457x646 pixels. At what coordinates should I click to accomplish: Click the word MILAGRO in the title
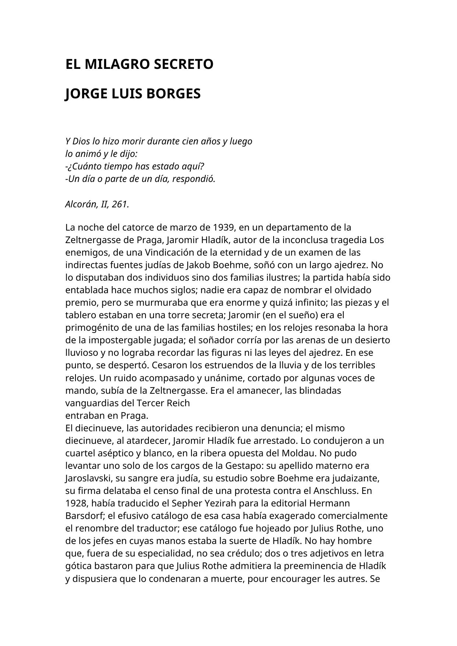coord(117,64)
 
